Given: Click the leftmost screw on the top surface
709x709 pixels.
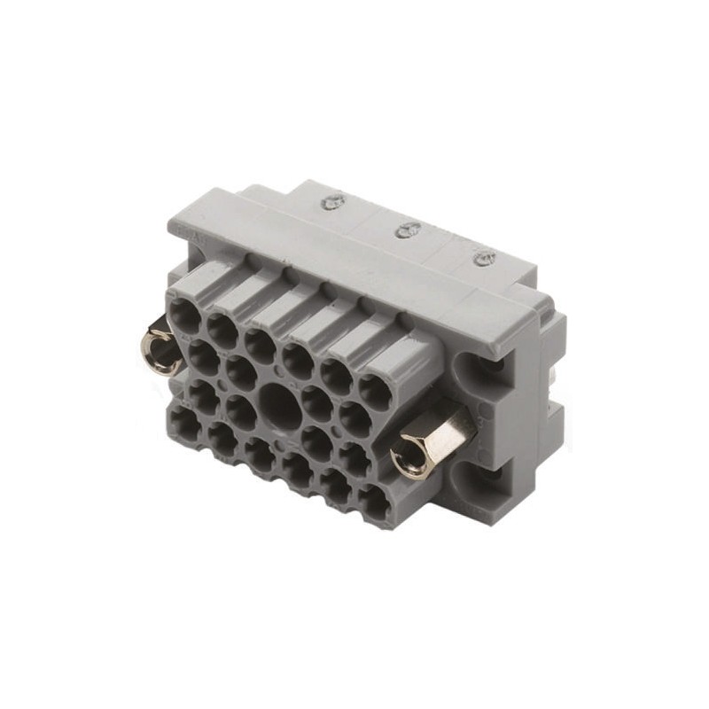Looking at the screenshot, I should [332, 203].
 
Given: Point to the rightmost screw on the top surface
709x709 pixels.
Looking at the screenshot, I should [483, 259].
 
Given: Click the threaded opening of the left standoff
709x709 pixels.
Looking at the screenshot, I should [160, 345].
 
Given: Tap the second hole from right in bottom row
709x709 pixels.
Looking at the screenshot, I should [338, 489].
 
